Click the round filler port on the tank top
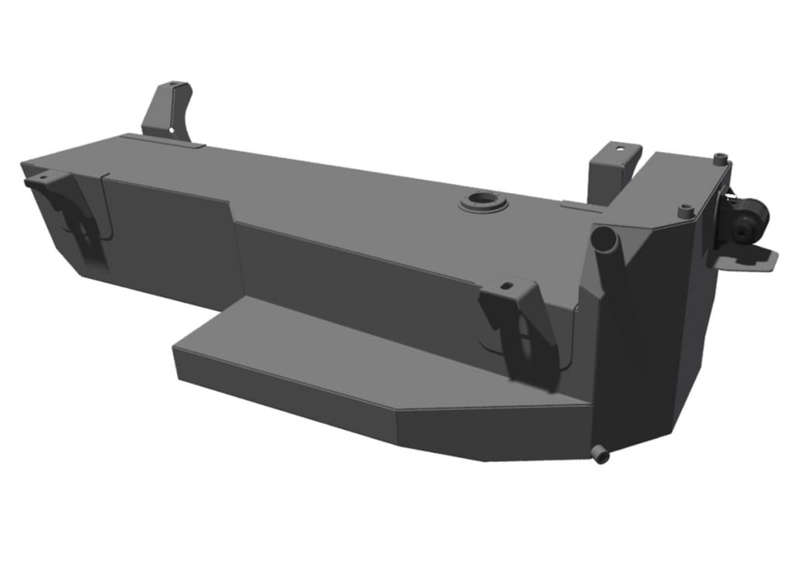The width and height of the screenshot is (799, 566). pyautogui.click(x=483, y=203)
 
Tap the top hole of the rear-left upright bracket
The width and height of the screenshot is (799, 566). pyautogui.click(x=178, y=85)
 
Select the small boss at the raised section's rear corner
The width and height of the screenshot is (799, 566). pyautogui.click(x=721, y=158)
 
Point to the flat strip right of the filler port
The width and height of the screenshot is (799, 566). pyautogui.click(x=578, y=205)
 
